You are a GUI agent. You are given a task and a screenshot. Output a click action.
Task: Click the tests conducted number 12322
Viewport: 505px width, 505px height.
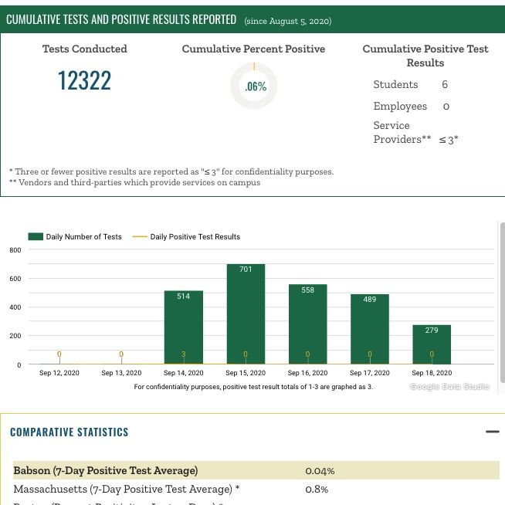coord(84,80)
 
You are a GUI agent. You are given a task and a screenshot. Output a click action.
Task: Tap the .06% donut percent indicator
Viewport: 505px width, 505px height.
coord(254,86)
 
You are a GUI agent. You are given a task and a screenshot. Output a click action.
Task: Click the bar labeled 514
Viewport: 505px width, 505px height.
coord(183,327)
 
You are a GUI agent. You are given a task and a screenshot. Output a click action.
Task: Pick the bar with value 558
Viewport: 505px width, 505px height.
coord(307,324)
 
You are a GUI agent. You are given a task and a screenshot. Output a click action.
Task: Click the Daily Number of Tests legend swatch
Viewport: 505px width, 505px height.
coord(36,237)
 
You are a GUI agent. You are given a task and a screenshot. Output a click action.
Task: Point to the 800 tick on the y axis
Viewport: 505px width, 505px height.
coord(15,250)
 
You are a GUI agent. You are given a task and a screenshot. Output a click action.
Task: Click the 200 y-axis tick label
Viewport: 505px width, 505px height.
coord(15,336)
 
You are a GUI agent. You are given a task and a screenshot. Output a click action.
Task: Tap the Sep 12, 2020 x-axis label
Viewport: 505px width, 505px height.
coord(59,373)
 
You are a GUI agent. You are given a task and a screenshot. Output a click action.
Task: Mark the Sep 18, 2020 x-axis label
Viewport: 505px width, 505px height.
coord(432,373)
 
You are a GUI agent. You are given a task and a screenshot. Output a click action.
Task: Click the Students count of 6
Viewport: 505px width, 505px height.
coord(445,84)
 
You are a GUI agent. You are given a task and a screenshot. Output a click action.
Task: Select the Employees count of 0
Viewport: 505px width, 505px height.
coord(446,106)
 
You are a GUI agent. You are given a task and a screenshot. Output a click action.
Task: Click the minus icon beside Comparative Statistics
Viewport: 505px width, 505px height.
coord(492,432)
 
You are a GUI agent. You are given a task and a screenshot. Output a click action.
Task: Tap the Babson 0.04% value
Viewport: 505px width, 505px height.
coord(320,470)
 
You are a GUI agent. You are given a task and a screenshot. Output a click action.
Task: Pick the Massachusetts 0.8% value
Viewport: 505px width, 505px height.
coord(317,489)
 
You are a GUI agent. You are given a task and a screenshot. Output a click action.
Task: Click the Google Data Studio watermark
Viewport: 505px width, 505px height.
coord(449,386)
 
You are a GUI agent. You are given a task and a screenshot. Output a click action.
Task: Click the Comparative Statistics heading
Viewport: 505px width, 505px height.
coord(69,432)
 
